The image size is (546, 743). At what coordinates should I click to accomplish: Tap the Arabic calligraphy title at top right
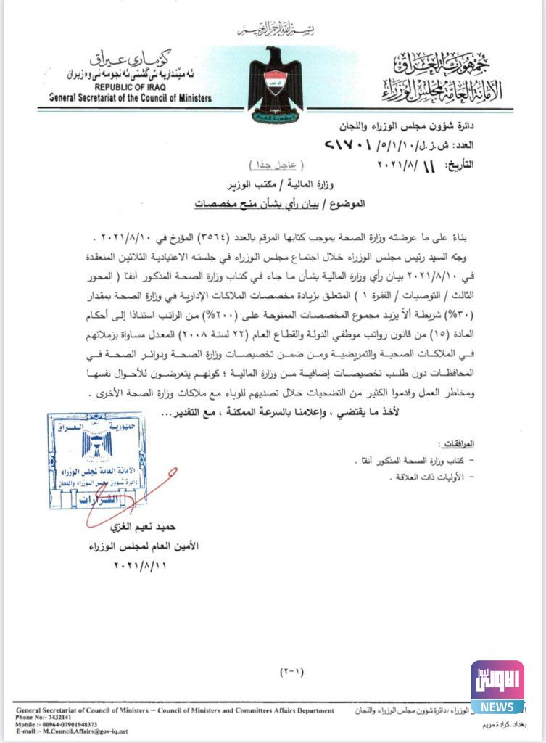[440, 78]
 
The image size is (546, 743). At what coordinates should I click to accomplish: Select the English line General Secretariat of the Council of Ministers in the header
[131, 97]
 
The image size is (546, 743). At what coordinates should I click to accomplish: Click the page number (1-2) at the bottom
[292, 671]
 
